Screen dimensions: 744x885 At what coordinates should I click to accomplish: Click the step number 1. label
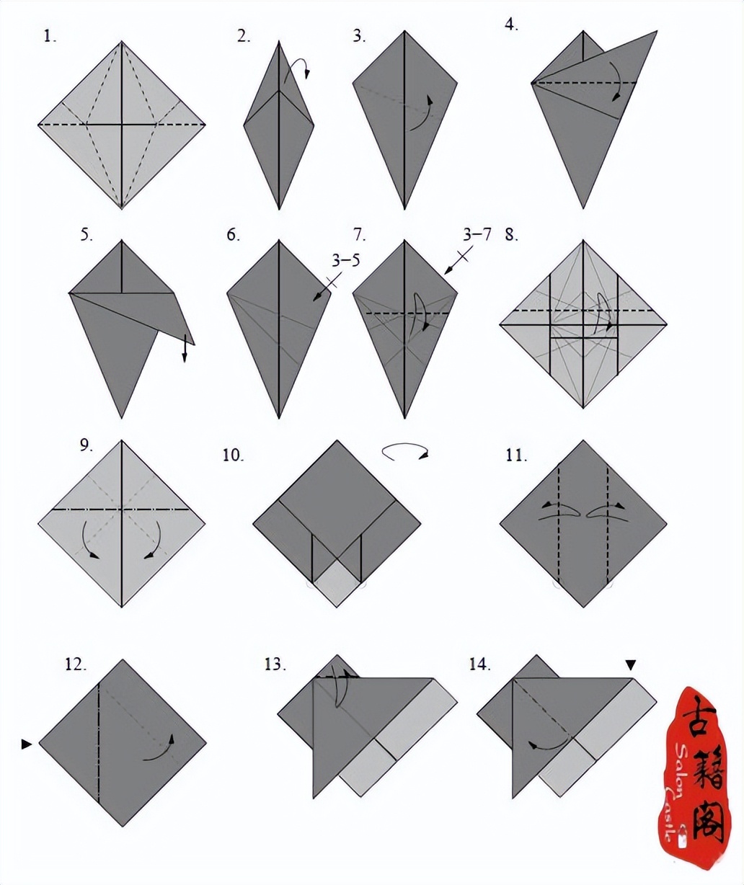[50, 37]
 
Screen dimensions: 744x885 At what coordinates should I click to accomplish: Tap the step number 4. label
[511, 25]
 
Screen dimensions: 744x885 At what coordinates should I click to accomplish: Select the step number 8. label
[511, 234]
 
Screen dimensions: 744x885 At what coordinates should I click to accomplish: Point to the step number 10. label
[233, 455]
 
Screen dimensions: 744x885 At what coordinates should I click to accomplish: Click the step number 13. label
[275, 664]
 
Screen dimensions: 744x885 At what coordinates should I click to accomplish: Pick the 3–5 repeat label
[345, 260]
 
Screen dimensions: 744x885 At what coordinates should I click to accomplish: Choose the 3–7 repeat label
[477, 234]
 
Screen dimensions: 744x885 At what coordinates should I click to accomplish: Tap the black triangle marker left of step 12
[26, 744]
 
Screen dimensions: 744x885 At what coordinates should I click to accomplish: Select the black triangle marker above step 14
[631, 665]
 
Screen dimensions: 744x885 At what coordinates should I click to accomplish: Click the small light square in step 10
[337, 582]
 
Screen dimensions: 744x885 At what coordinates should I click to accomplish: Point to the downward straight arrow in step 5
[185, 348]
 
